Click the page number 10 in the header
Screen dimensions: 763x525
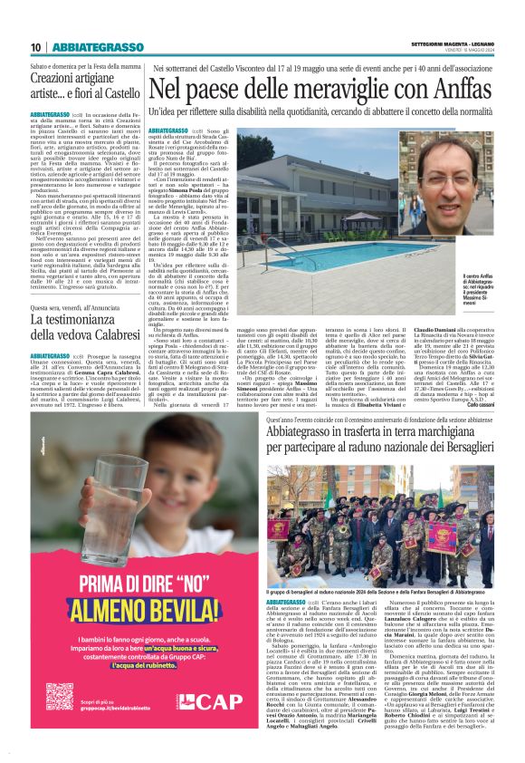tap(35, 47)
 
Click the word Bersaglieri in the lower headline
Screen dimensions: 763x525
tap(458, 448)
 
